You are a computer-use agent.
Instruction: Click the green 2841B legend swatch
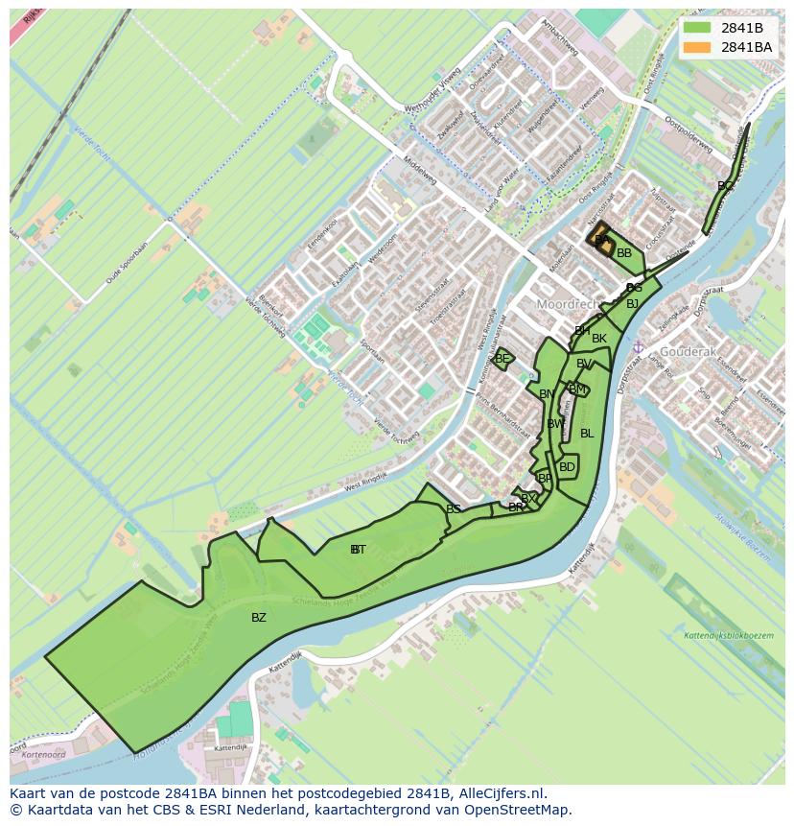(x=697, y=28)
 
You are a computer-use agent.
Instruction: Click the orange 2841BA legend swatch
(x=697, y=47)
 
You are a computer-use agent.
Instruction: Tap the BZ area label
(x=259, y=618)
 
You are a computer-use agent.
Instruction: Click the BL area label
(x=587, y=434)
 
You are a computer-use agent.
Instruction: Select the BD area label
(x=567, y=467)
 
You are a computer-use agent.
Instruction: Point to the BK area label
(x=599, y=339)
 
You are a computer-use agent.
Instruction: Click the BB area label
(x=624, y=253)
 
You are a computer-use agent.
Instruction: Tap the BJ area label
(x=632, y=304)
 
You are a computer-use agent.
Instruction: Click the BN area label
(x=547, y=394)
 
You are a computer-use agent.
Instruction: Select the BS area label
(x=454, y=509)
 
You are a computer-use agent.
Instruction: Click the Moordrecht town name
(x=566, y=303)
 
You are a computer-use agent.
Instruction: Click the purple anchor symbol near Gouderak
(x=638, y=347)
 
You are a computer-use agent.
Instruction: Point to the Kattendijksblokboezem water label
(x=729, y=635)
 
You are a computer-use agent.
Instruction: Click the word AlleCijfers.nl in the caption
(x=502, y=793)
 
